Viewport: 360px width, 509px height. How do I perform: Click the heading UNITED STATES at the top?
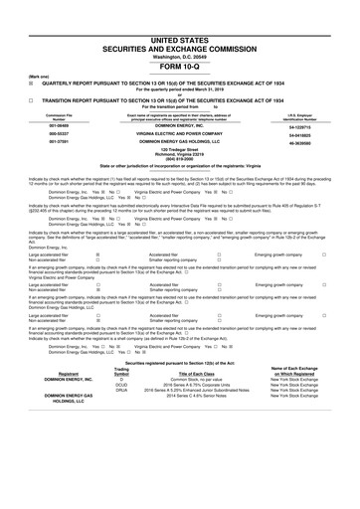click(180, 8)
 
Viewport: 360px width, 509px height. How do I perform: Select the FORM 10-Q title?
click(180, 39)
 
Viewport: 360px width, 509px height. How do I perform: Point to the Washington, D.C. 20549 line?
click(180, 28)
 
